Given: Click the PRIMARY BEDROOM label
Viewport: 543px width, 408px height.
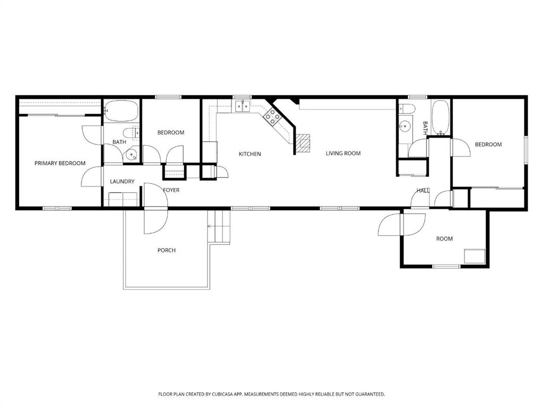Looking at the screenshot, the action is click(x=60, y=163).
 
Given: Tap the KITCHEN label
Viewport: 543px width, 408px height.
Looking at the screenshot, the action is click(x=249, y=154).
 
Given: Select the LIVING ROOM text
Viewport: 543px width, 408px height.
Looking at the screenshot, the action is click(x=343, y=153).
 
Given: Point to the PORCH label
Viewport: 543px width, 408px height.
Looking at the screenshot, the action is click(x=167, y=250).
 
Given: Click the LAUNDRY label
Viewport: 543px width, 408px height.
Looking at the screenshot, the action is click(x=122, y=181).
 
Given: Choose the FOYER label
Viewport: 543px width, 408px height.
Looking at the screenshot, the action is click(x=171, y=190).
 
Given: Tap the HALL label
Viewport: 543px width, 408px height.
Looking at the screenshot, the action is click(x=423, y=191).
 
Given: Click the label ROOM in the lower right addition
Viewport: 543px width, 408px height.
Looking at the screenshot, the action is click(x=444, y=239).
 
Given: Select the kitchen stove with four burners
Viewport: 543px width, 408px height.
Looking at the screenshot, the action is click(x=272, y=116).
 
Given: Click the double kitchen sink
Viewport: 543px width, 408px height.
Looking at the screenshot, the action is click(x=242, y=106).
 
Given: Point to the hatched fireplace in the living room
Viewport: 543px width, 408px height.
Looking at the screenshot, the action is click(x=303, y=143).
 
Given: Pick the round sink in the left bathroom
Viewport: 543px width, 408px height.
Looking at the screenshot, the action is click(x=132, y=155).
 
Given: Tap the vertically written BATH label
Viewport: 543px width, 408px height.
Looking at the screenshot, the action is click(x=425, y=128).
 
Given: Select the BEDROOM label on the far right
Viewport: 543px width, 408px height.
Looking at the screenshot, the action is click(x=488, y=144).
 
